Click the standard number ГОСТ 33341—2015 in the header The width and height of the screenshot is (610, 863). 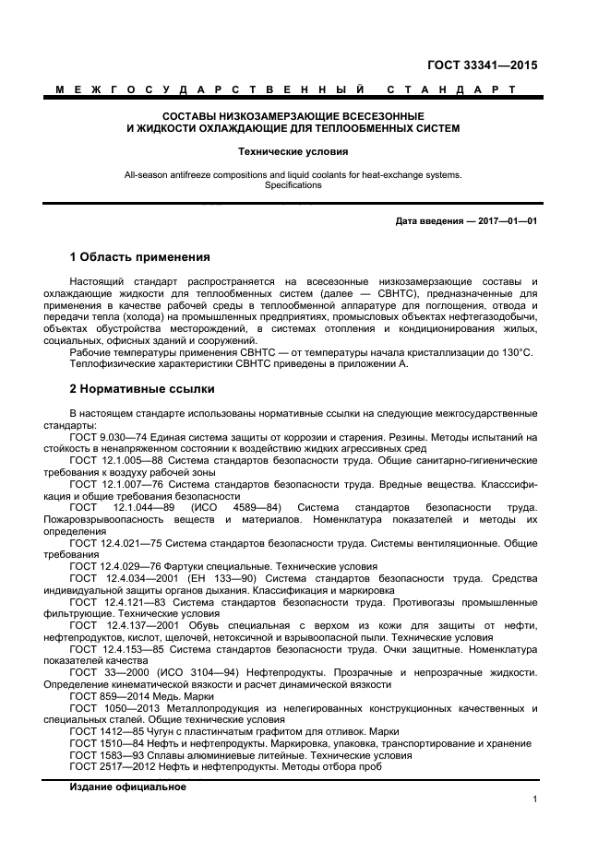483,66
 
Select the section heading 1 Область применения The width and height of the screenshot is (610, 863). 140,256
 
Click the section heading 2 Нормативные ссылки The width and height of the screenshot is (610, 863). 142,388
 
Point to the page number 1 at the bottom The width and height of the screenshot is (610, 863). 534,800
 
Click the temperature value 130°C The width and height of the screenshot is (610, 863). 516,352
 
